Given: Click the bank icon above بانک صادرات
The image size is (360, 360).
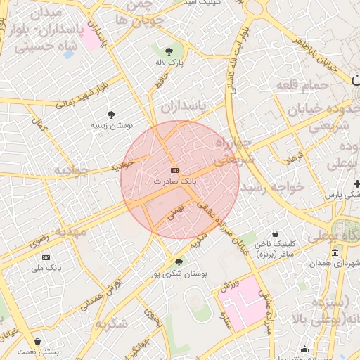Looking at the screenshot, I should (x=174, y=171).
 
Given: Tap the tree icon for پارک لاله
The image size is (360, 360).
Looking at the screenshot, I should (x=169, y=51).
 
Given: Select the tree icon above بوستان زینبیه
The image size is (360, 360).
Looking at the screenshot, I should (x=111, y=115).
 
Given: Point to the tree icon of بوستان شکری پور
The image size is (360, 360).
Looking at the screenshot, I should (x=179, y=262).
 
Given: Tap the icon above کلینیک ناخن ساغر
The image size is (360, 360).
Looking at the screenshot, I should (x=274, y=234).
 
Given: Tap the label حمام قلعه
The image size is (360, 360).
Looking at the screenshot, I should (x=313, y=85).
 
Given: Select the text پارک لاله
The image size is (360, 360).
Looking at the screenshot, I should (x=169, y=62).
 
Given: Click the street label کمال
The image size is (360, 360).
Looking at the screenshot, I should (x=44, y=126).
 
